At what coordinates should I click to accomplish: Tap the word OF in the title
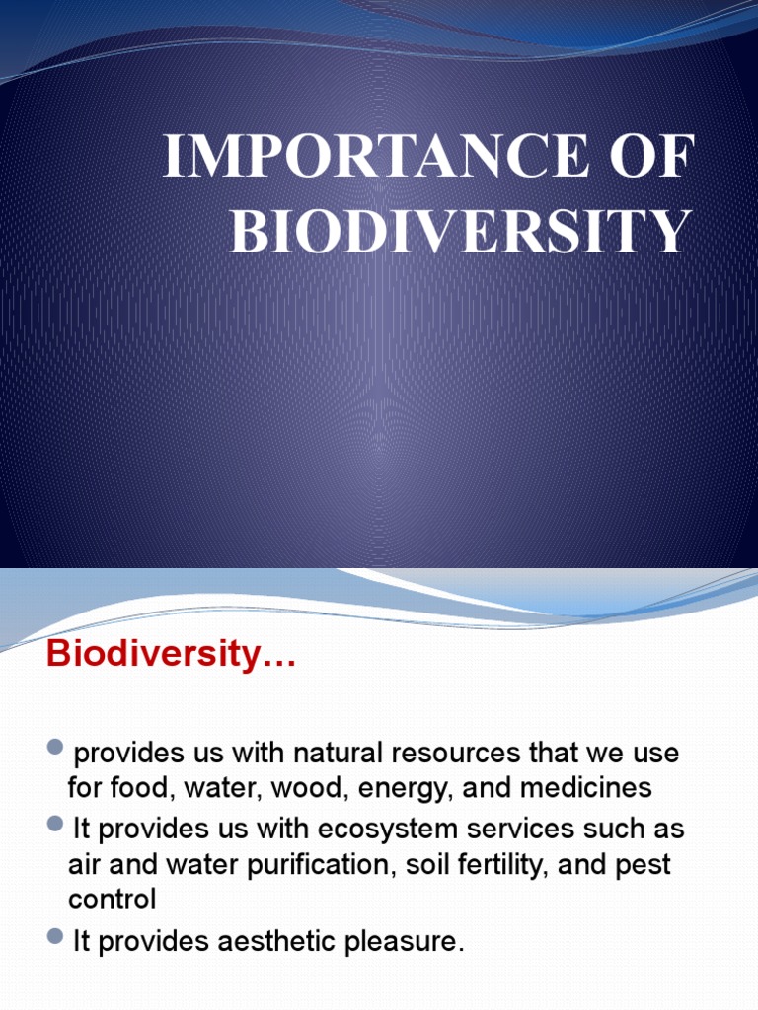click(x=655, y=160)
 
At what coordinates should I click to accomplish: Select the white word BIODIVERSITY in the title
click(x=459, y=232)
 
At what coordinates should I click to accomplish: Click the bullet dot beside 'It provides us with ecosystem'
click(x=55, y=825)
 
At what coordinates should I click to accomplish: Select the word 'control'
click(x=112, y=900)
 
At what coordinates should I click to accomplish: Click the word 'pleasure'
click(x=404, y=942)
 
